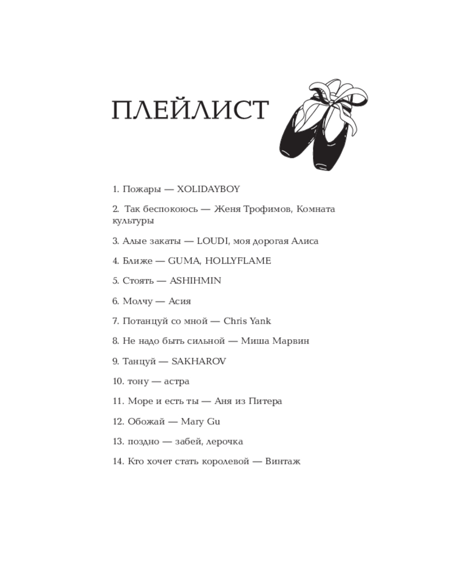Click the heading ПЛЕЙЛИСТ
point(189,111)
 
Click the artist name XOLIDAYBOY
point(208,189)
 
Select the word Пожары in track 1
point(139,189)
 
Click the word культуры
point(133,221)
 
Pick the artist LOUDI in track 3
point(212,241)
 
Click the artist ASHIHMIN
point(195,281)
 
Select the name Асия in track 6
point(180,301)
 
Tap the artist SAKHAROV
point(199,361)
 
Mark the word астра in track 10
point(177,381)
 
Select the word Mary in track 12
point(192,421)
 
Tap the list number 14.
point(118,462)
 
